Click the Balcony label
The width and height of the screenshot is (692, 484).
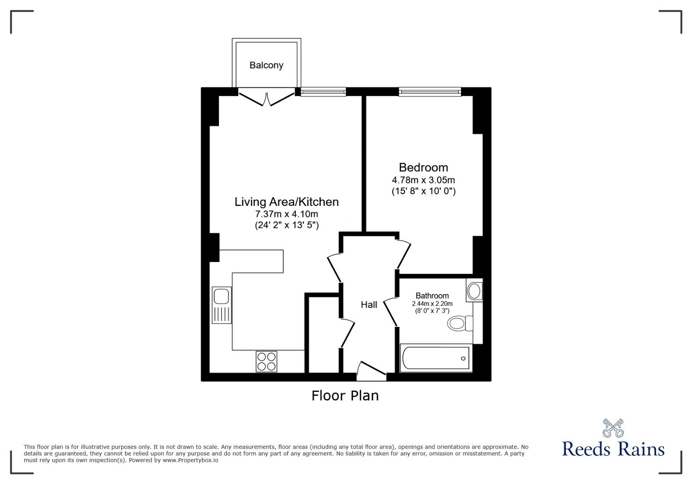(266, 65)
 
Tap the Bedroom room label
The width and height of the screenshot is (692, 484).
(423, 167)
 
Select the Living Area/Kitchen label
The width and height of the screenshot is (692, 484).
(286, 202)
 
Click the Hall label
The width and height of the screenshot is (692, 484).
(369, 305)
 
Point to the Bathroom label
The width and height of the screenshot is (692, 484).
(432, 296)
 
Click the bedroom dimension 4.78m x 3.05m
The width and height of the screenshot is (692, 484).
(423, 180)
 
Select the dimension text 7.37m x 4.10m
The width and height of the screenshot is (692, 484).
(286, 214)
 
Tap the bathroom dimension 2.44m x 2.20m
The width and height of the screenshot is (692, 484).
(432, 304)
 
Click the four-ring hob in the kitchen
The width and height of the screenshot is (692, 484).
(266, 362)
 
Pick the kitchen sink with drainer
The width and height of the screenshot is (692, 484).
(221, 305)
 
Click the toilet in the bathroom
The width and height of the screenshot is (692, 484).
(460, 323)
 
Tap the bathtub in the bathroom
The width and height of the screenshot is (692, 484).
(436, 358)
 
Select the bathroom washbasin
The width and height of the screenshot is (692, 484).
(474, 290)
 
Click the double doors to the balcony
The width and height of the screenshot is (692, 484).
(266, 97)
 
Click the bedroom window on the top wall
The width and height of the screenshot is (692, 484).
(430, 91)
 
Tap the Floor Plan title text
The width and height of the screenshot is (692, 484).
(345, 396)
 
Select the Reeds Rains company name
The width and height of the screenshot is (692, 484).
(613, 449)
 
